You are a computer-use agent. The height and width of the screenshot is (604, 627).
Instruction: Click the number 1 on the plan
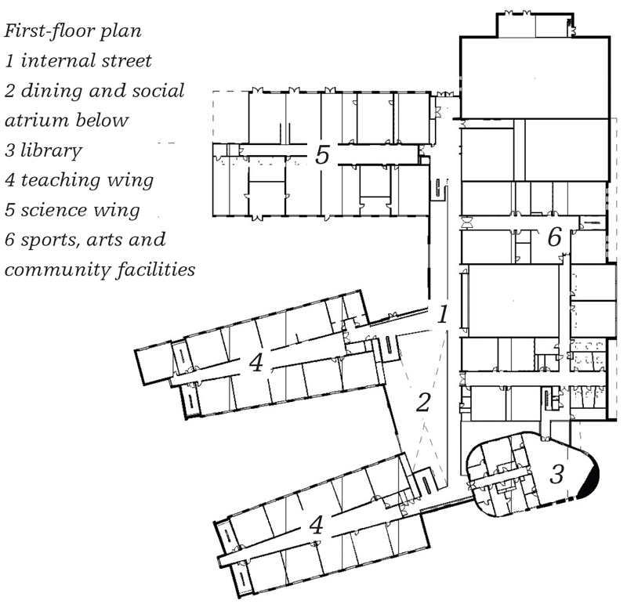point(442,314)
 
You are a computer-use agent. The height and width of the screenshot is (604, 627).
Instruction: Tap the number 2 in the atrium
point(424,402)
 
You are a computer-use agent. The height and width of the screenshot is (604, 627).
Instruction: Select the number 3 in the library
point(556,474)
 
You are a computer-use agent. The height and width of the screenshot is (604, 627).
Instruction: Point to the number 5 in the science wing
point(322,154)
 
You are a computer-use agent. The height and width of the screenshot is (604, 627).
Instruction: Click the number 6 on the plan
point(555,237)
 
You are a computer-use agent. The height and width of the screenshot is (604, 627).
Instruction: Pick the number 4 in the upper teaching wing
point(256,362)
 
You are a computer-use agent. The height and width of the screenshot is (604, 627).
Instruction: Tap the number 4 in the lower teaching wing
point(317,524)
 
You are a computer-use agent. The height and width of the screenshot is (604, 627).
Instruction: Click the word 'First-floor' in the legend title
point(49,31)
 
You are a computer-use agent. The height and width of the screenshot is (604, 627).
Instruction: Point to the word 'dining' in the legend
point(52,91)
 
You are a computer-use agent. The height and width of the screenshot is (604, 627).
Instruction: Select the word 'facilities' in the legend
point(156,269)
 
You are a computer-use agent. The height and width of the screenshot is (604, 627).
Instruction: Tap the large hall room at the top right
point(535,78)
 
